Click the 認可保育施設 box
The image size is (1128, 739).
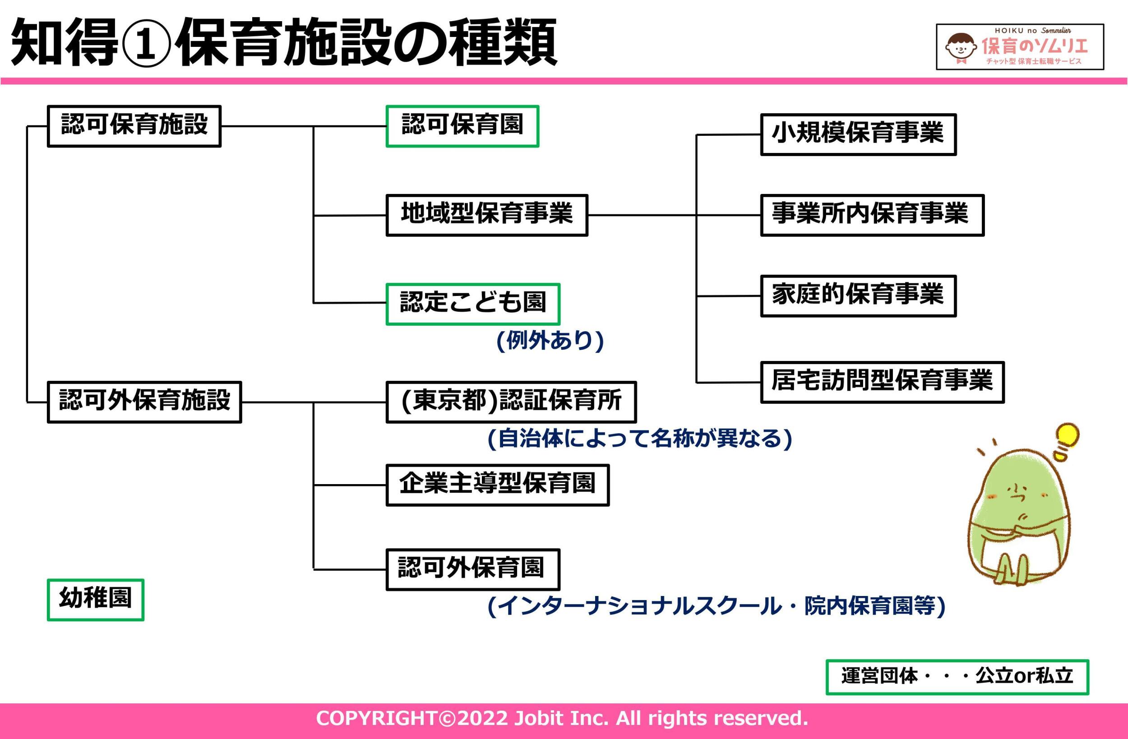(x=134, y=126)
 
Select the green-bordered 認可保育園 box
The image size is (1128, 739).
(x=462, y=126)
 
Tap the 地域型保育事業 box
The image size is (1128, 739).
(x=487, y=215)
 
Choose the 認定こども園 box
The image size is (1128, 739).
(x=472, y=304)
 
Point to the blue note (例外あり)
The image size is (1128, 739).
(x=550, y=340)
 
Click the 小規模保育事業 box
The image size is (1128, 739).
(x=858, y=134)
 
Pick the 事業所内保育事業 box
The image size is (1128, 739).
(x=872, y=215)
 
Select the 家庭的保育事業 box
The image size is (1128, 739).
(x=858, y=296)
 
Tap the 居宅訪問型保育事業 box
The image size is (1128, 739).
(x=882, y=382)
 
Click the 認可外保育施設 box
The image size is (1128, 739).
(x=144, y=402)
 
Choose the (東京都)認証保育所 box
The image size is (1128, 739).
(x=511, y=402)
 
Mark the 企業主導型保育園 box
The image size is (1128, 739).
(x=497, y=485)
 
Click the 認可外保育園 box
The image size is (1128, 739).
(x=472, y=569)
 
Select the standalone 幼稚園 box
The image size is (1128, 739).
(x=95, y=600)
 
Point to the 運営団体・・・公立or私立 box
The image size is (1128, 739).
(x=957, y=677)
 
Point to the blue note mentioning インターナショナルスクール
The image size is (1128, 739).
(x=716, y=606)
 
